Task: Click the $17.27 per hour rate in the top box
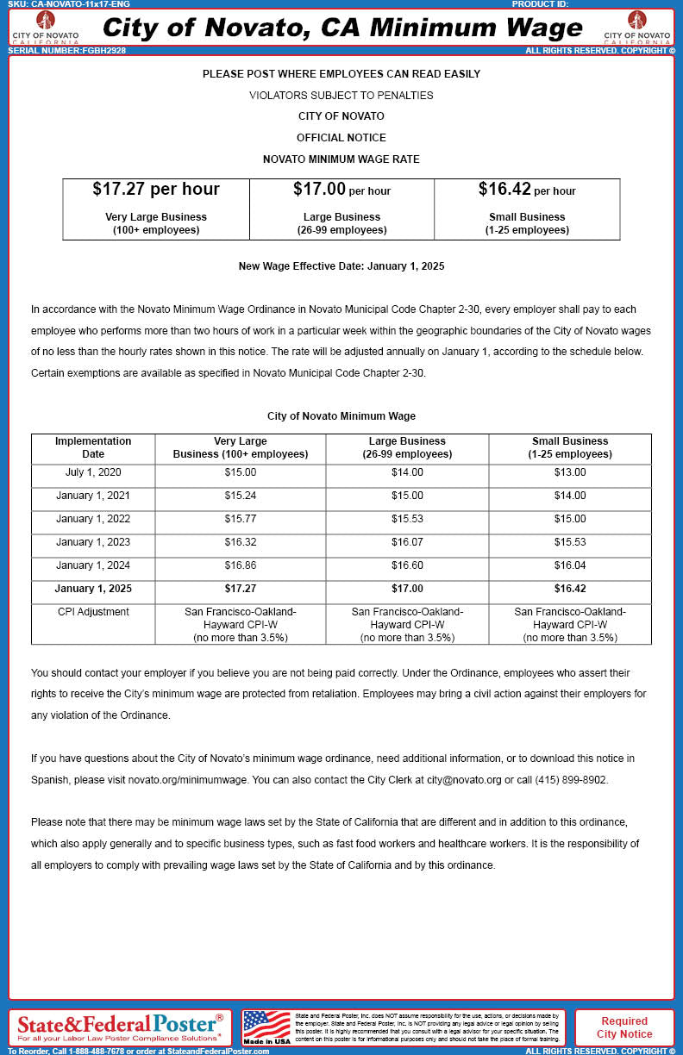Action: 156,190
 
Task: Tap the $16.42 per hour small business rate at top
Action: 526,190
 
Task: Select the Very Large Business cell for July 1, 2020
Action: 240,472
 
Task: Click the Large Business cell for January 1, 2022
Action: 407,519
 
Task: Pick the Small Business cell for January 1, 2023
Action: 569,542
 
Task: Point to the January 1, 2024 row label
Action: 92,565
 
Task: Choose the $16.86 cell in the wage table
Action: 240,565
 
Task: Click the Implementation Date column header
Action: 92,447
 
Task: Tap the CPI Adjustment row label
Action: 92,612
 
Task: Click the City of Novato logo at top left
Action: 45,27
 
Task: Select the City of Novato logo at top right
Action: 637,27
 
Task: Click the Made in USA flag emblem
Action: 266,1027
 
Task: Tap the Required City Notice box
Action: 624,1027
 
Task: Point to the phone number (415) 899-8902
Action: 570,780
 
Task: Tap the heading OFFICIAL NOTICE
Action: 341,138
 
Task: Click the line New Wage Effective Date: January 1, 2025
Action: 341,266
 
